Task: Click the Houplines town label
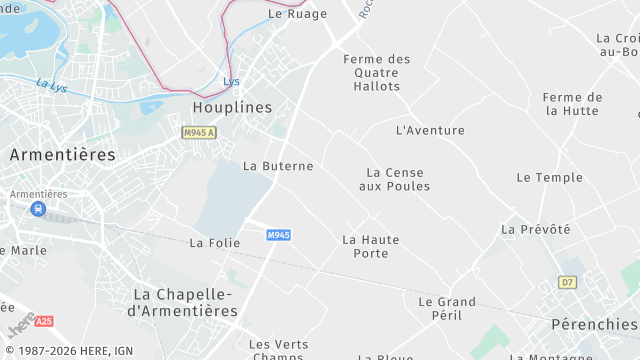(232, 107)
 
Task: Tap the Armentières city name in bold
(62, 155)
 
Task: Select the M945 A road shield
(199, 132)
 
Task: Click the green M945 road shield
(279, 235)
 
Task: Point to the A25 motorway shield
(43, 322)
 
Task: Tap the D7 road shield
(568, 282)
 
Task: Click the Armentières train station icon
(38, 209)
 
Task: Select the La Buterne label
(278, 166)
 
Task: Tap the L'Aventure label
(430, 130)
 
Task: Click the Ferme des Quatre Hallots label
(376, 73)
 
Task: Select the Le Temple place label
(549, 177)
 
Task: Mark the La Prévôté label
(535, 229)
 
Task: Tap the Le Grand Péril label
(446, 308)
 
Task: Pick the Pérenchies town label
(594, 324)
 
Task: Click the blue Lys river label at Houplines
(232, 81)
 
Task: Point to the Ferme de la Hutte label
(572, 104)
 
